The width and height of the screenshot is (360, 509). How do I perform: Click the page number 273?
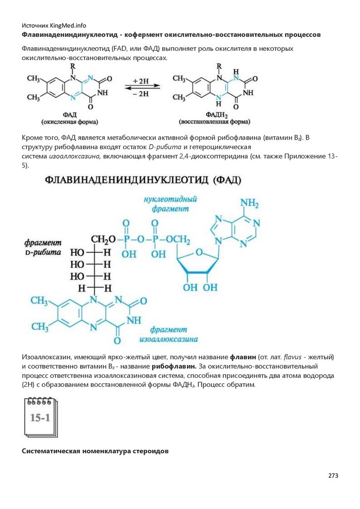(x=333, y=476)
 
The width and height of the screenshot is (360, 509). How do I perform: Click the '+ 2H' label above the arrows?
(x=141, y=80)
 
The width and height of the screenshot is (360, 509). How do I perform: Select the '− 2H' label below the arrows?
(x=141, y=93)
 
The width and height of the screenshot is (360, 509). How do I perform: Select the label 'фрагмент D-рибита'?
(x=42, y=247)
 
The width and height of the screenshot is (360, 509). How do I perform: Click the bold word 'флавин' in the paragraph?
(x=243, y=357)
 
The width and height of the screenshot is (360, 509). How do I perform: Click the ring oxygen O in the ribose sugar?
(x=198, y=254)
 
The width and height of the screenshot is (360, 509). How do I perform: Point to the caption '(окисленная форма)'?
(x=69, y=121)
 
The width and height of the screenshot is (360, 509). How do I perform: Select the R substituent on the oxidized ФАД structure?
(x=73, y=66)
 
